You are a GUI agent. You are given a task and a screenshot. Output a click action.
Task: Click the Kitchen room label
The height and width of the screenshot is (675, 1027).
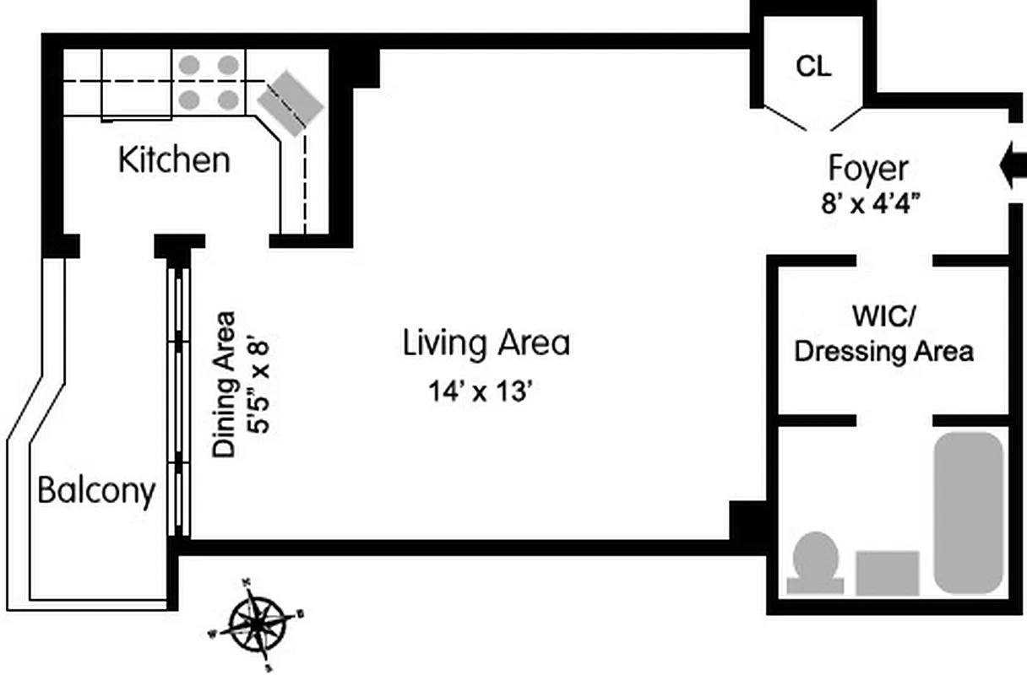[x=174, y=159]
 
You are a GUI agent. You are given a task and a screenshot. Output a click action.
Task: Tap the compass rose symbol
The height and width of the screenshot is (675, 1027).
[x=255, y=622]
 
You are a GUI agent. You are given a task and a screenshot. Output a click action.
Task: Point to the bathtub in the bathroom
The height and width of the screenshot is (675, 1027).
[x=968, y=512]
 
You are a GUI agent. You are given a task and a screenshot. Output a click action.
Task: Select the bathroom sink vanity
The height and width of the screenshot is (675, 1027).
[x=887, y=573]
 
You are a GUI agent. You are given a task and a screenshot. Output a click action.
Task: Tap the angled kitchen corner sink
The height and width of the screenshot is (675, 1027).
[x=291, y=103]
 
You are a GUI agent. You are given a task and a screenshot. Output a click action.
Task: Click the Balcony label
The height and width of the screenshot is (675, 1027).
[x=96, y=490]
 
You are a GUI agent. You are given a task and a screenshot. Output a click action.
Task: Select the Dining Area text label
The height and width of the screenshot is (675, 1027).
[x=224, y=385]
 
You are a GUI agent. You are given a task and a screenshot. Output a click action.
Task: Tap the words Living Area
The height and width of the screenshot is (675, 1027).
[x=486, y=343]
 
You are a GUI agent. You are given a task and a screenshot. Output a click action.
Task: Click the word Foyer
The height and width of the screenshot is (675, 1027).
[x=867, y=169]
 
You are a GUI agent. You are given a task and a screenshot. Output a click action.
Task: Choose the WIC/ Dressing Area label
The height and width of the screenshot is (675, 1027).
[x=884, y=335]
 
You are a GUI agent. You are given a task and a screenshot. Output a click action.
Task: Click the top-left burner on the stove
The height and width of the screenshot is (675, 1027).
[x=190, y=64]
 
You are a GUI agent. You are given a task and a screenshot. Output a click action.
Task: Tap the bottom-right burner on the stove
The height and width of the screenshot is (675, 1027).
[x=227, y=100]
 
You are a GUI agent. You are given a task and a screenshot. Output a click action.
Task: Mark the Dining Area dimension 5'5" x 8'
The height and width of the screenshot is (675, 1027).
[x=258, y=385]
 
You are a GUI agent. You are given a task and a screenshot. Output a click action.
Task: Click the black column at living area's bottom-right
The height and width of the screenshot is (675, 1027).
[x=747, y=521]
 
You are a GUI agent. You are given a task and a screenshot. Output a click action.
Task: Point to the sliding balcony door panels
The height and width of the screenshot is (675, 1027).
[x=178, y=401]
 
